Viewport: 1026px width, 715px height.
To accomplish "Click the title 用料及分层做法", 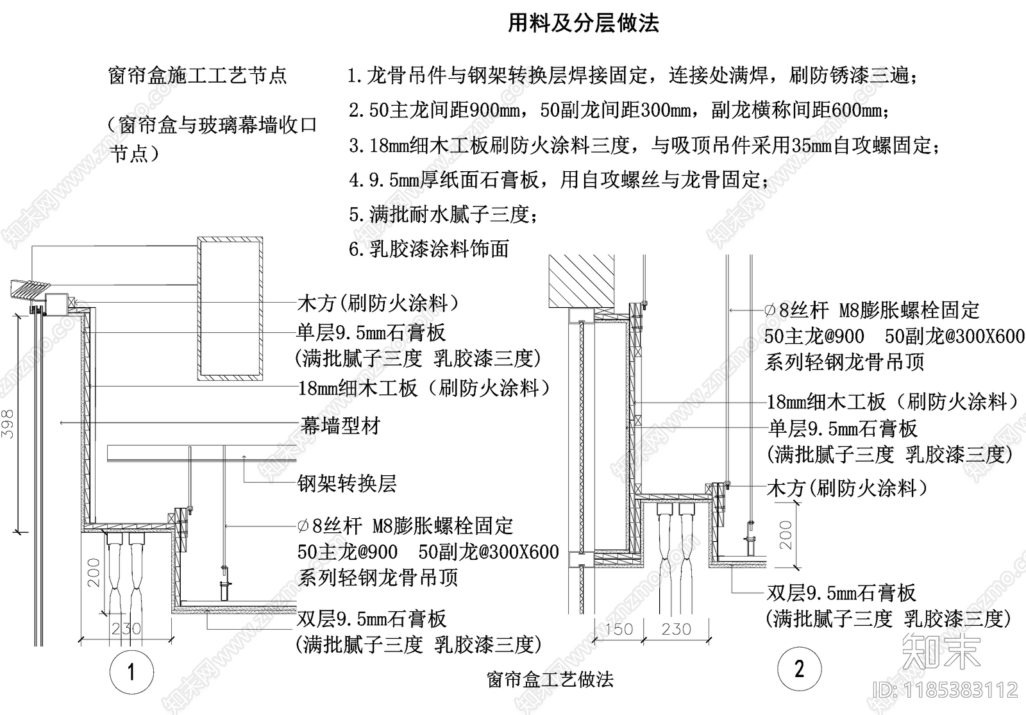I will click(x=583, y=24).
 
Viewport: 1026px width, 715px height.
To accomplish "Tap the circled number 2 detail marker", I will click(x=799, y=669).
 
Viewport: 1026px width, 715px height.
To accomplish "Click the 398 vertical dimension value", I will click(x=8, y=423).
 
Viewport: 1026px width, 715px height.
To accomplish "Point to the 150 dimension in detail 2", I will click(x=618, y=629).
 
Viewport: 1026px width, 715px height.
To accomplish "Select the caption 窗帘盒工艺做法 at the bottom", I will click(x=550, y=679).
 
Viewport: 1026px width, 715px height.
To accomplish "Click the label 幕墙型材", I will click(x=341, y=425).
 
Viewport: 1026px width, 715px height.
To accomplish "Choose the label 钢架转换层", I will click(x=347, y=483).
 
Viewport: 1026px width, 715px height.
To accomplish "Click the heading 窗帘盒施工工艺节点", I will click(x=198, y=76).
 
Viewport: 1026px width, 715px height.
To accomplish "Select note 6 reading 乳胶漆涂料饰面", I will click(x=429, y=249).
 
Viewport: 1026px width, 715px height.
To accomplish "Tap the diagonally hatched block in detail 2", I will click(x=581, y=280).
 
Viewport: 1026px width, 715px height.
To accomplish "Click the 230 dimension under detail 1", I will click(x=126, y=628).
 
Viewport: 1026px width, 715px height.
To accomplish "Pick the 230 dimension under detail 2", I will click(x=677, y=629).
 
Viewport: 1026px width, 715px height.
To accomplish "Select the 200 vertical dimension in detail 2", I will click(x=786, y=535).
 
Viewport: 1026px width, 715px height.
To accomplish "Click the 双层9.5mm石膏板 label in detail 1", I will click(x=372, y=619).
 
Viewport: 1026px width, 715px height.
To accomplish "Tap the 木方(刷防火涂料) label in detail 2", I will click(x=847, y=489).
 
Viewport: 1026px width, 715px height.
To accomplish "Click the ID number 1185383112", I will click(x=946, y=689).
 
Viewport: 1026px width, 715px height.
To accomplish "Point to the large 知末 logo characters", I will click(x=941, y=652).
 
